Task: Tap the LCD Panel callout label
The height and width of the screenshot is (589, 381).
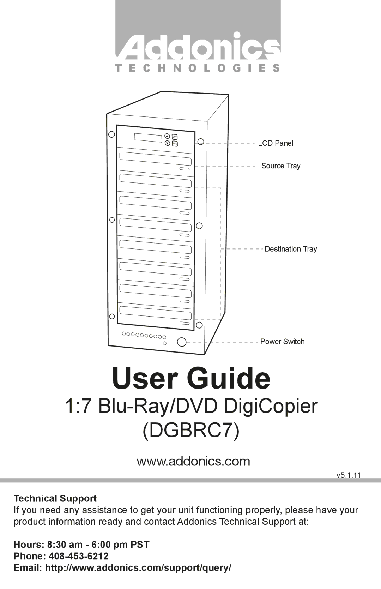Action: pos(276,143)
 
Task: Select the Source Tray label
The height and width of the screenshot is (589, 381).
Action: pos(281,166)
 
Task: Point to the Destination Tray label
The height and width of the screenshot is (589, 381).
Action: pos(291,249)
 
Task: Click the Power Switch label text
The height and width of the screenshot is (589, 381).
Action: pos(282,342)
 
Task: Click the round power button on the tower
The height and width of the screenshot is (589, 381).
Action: pos(182,342)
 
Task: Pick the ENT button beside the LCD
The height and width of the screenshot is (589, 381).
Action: pos(175,137)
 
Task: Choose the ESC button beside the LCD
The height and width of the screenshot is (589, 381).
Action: pos(175,144)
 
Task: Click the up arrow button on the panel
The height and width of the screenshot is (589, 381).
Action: pos(167,136)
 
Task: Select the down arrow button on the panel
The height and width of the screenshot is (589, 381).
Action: pos(167,143)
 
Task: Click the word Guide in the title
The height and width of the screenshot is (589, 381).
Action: pos(228,378)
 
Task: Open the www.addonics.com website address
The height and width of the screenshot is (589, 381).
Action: pos(193,461)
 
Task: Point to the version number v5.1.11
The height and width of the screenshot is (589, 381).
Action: pos(349,475)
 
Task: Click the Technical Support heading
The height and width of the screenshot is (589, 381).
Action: pos(55,498)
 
